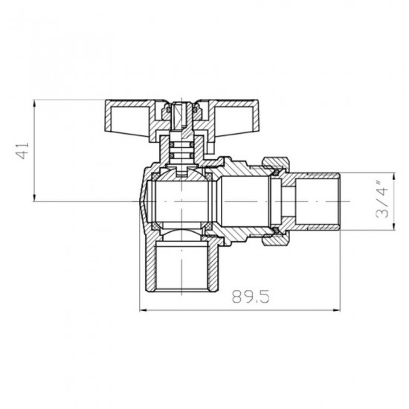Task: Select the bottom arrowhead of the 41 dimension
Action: click(35, 198)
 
